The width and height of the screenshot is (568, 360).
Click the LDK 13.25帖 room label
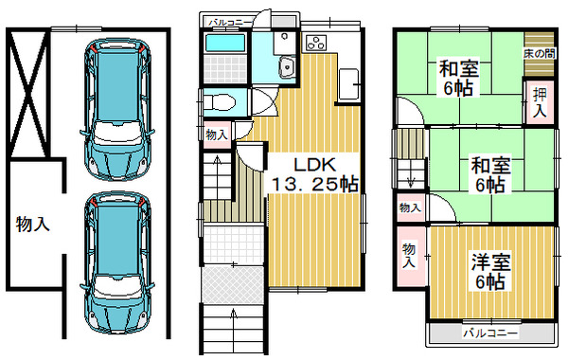click(x=315, y=174)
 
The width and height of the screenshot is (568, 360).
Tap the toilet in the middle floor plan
click(x=220, y=102)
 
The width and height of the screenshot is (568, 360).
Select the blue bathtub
click(x=224, y=43)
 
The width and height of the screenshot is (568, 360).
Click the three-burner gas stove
click(x=316, y=43)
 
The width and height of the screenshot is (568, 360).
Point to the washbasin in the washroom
click(x=287, y=67)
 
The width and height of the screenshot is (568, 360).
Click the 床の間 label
click(x=539, y=54)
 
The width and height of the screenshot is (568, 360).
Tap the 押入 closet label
click(x=540, y=103)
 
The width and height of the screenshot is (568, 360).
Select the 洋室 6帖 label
click(x=490, y=272)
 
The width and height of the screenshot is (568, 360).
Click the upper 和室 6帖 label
click(x=459, y=79)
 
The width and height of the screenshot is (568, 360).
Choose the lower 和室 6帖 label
click(x=490, y=174)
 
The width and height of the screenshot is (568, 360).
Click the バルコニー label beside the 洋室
click(x=490, y=333)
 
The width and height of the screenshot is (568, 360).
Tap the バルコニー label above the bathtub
click(x=230, y=23)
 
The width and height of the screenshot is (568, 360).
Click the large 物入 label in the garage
click(x=32, y=224)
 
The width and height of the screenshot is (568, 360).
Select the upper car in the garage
click(x=117, y=109)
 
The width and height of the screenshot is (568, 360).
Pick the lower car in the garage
click(x=117, y=262)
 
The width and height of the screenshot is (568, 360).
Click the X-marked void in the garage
click(x=28, y=94)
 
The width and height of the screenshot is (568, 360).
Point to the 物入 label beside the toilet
click(x=217, y=135)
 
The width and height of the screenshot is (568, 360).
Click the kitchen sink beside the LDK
click(x=348, y=85)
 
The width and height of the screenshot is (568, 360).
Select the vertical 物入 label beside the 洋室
click(x=409, y=256)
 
